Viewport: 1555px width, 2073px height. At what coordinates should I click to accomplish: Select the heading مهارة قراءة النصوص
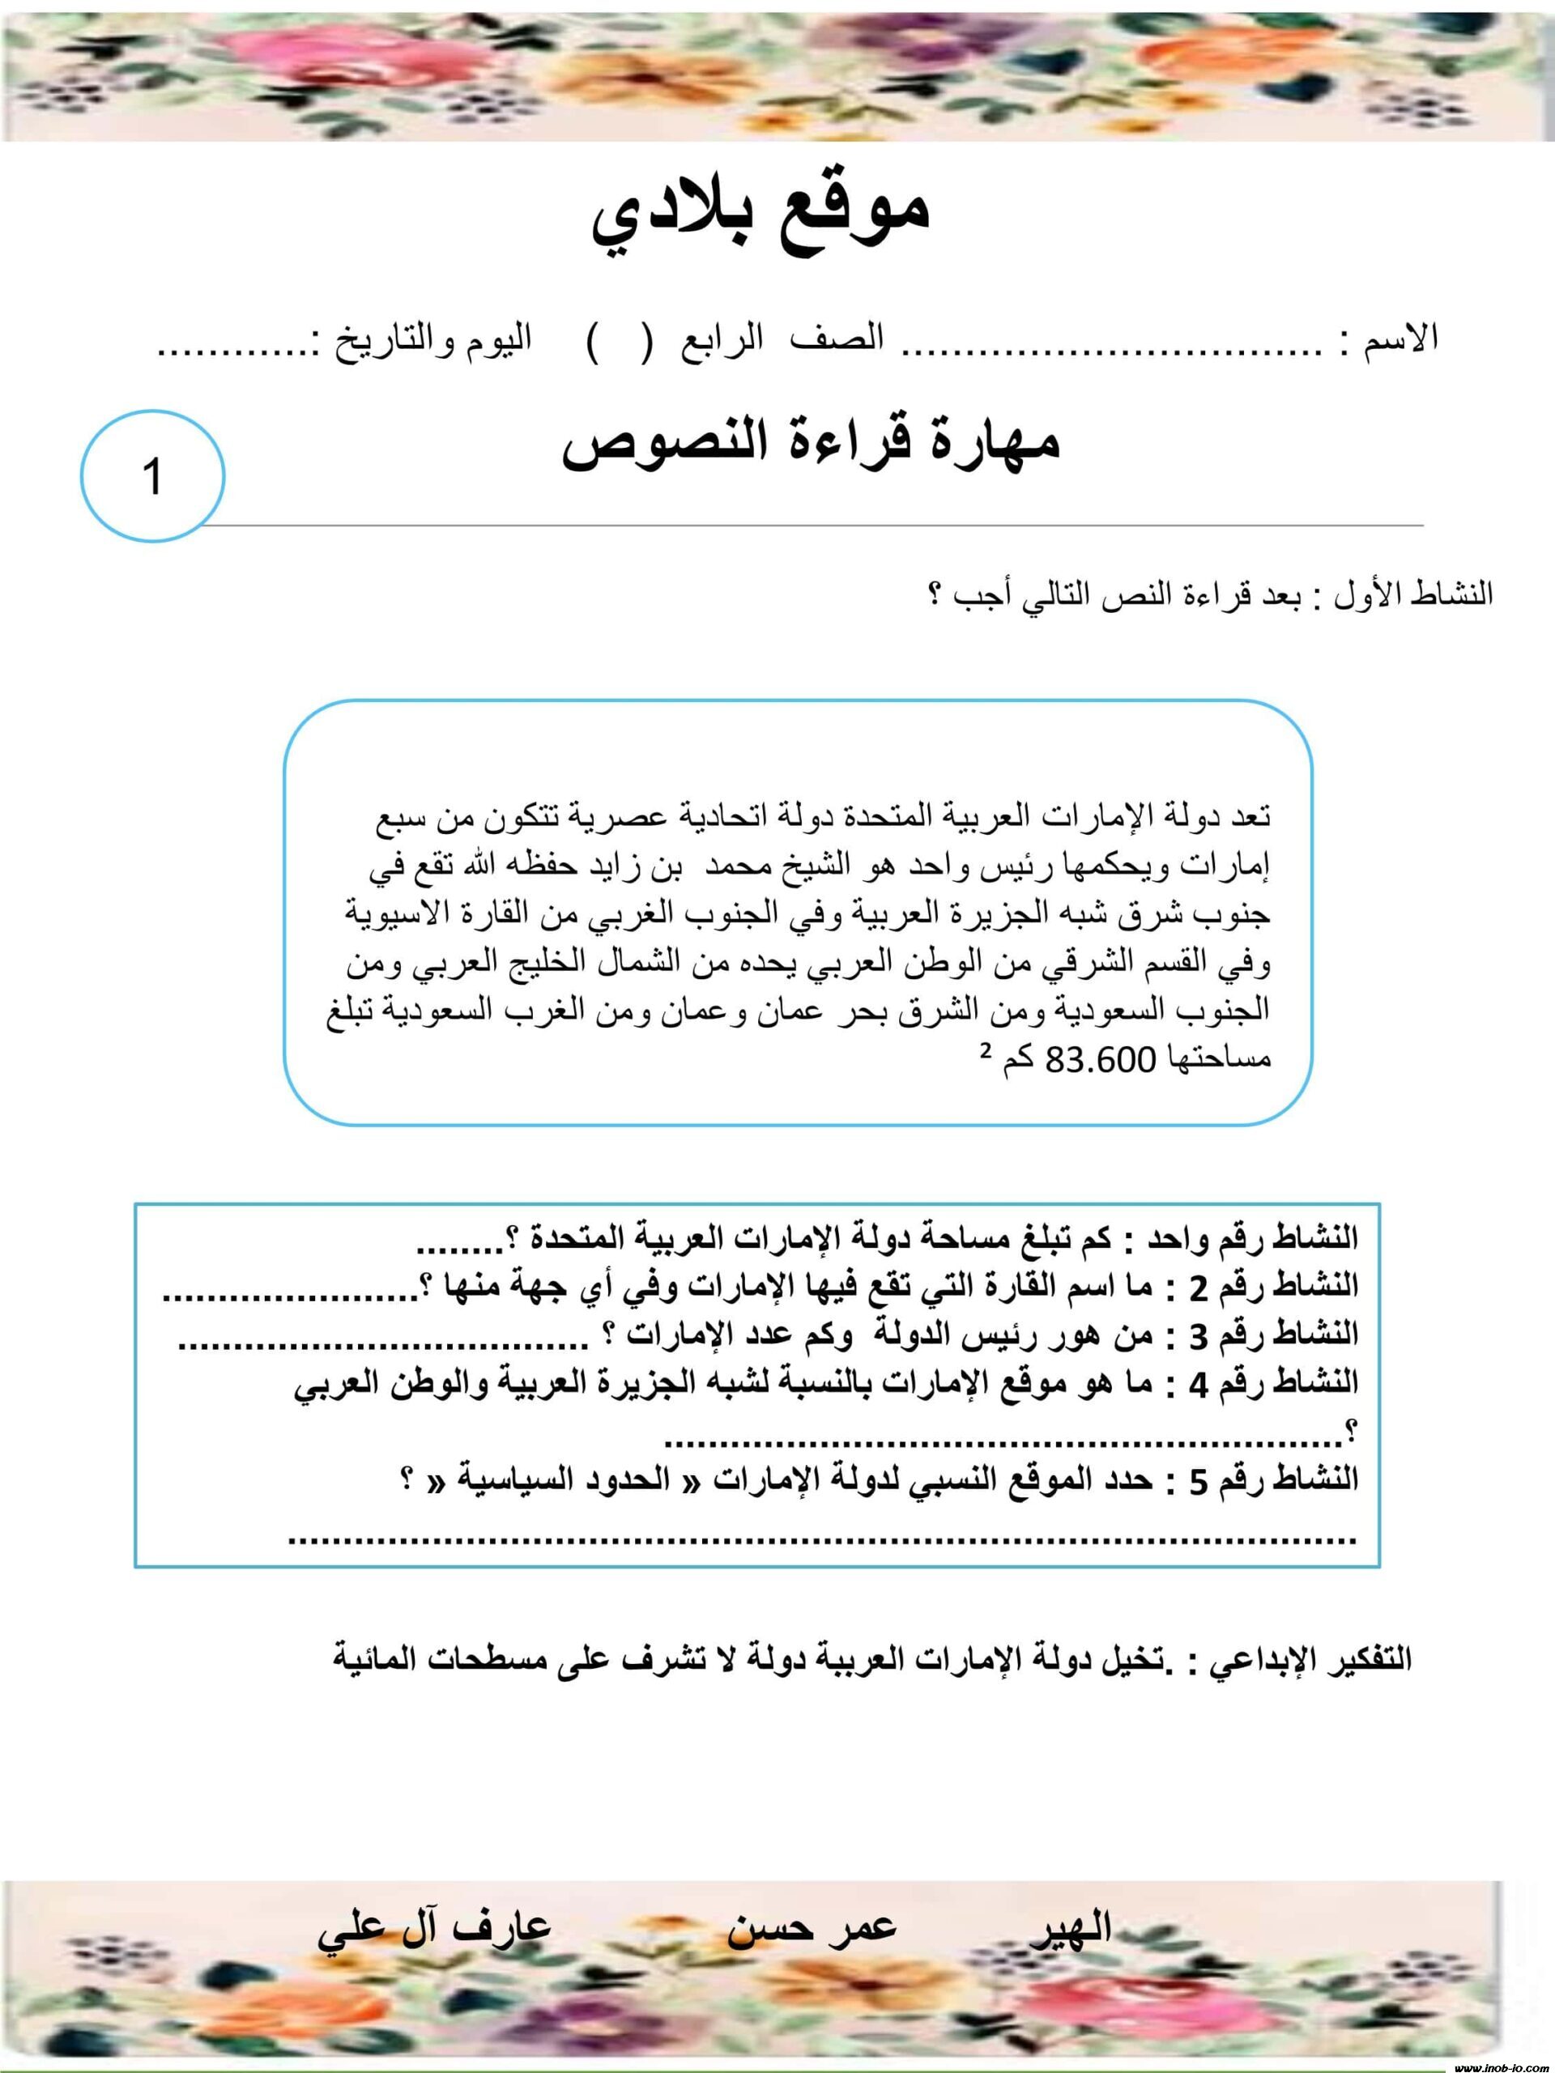(811, 443)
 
